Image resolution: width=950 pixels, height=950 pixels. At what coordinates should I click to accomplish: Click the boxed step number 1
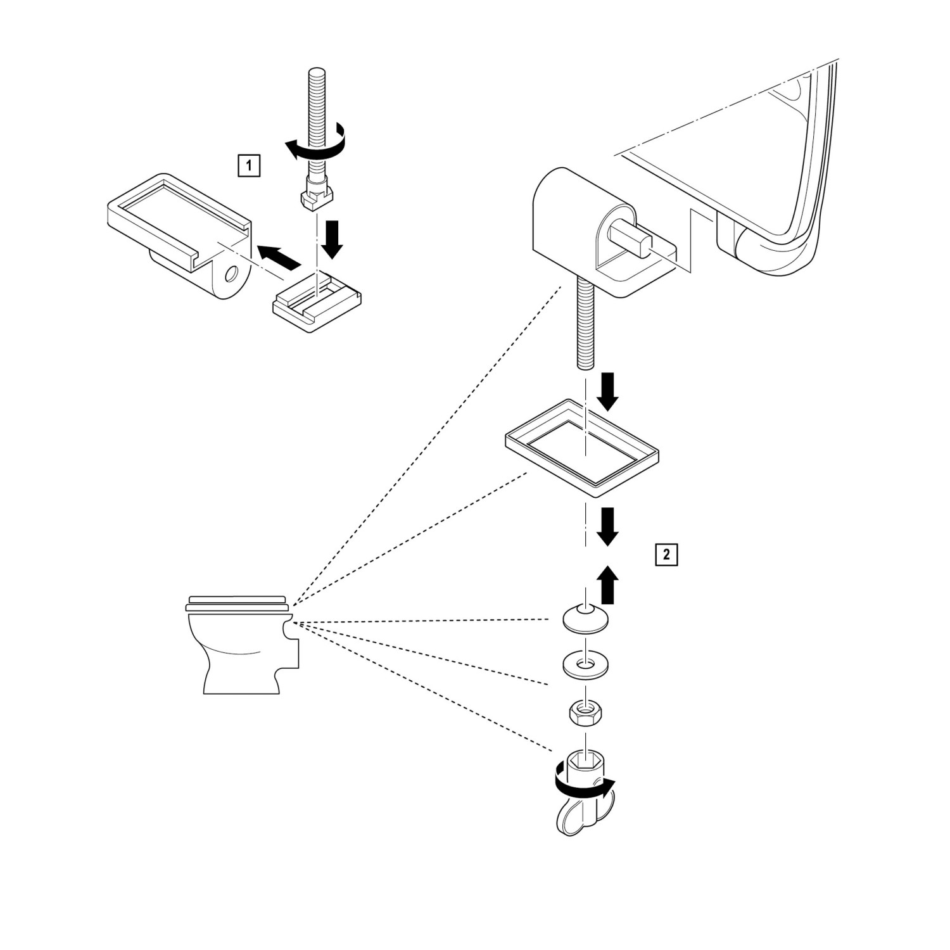point(248,167)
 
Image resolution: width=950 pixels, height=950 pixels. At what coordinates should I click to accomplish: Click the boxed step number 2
point(666,555)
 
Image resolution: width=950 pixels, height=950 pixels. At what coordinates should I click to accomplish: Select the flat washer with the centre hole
point(584,665)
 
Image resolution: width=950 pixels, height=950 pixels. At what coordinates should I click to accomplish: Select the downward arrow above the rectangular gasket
point(608,391)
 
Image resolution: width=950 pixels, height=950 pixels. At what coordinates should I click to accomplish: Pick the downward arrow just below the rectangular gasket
point(608,525)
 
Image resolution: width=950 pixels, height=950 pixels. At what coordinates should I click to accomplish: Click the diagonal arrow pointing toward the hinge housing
point(280,256)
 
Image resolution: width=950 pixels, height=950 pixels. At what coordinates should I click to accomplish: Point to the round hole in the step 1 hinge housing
point(231,275)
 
